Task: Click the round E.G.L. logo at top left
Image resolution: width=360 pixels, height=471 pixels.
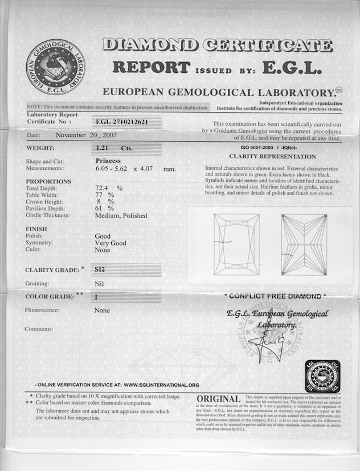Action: point(55,67)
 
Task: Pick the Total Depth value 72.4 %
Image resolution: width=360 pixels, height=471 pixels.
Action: point(108,187)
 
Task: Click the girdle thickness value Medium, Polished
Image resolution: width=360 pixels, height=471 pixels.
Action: point(121,216)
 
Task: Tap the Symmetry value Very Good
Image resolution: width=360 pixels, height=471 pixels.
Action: point(111,243)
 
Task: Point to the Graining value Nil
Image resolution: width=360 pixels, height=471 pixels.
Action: point(99,283)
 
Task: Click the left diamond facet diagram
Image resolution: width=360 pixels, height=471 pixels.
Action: point(236,244)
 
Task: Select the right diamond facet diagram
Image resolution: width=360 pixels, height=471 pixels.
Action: point(304,244)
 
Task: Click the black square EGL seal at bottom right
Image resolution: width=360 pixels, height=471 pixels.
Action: point(322,376)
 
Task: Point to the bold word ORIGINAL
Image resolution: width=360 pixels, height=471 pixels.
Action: point(218,399)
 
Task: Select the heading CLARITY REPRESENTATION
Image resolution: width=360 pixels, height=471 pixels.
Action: point(272,157)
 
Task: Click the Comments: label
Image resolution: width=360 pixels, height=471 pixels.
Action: point(39,329)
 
